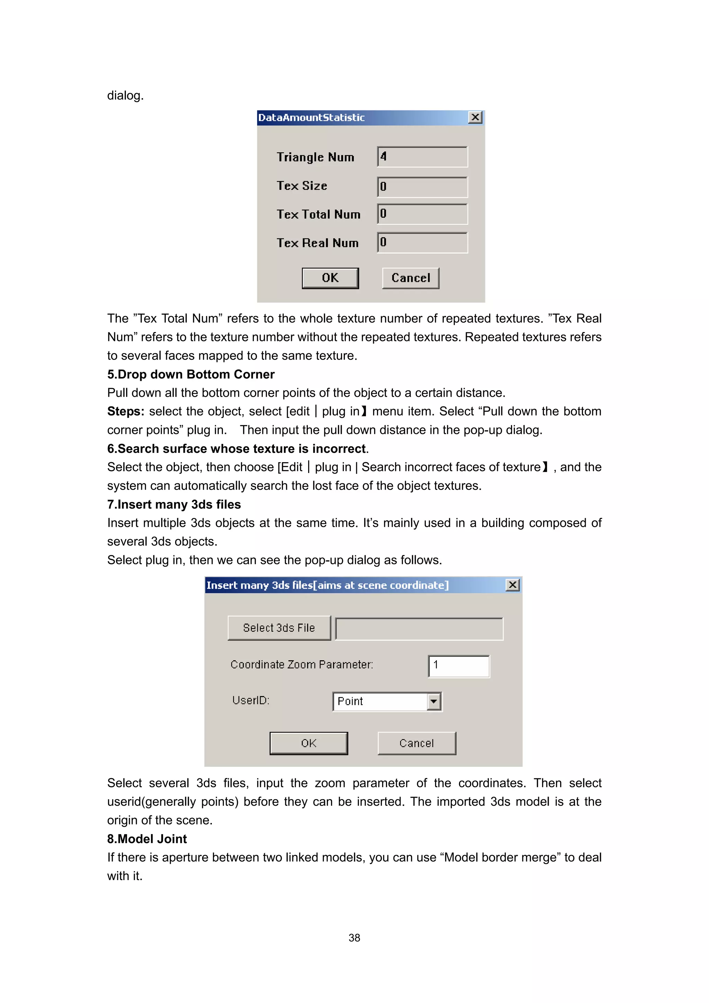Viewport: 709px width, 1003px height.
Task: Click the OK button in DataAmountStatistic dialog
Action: pyautogui.click(x=330, y=278)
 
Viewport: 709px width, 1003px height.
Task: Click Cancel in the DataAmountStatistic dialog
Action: pyautogui.click(x=411, y=278)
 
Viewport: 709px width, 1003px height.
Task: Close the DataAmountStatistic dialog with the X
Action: pyautogui.click(x=475, y=117)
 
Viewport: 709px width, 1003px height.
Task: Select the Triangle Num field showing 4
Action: pyautogui.click(x=422, y=157)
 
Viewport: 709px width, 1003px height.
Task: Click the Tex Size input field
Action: pyautogui.click(x=422, y=187)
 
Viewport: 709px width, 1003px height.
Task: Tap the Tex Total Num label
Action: pyautogui.click(x=318, y=215)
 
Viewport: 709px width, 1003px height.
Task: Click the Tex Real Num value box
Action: pyautogui.click(x=422, y=242)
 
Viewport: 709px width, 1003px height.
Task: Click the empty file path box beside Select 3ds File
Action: pyautogui.click(x=419, y=629)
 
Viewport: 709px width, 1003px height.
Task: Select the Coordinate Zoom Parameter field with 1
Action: pyautogui.click(x=459, y=666)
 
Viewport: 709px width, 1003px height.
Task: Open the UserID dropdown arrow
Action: pyautogui.click(x=434, y=701)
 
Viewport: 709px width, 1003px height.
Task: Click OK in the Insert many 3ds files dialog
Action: pyautogui.click(x=309, y=744)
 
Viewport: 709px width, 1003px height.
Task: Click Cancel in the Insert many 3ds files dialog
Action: pyautogui.click(x=417, y=744)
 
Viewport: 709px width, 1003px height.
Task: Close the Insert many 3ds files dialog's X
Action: pyautogui.click(x=512, y=585)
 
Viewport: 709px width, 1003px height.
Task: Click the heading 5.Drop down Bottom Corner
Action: pyautogui.click(x=191, y=374)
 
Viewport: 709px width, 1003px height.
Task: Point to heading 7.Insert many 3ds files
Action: pyautogui.click(x=174, y=504)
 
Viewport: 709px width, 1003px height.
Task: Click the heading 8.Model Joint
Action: pyautogui.click(x=147, y=839)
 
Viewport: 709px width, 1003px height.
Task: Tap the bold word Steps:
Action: pyautogui.click(x=126, y=412)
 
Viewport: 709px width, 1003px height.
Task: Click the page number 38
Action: pyautogui.click(x=354, y=938)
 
